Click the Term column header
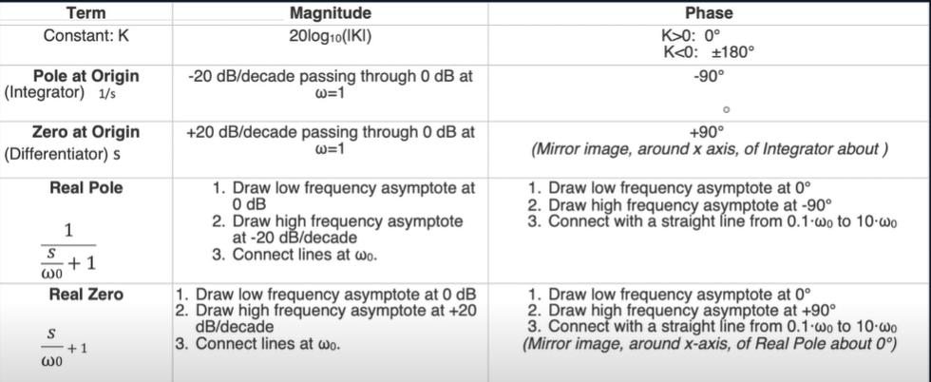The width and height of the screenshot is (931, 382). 86,12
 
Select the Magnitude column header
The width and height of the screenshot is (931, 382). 331,12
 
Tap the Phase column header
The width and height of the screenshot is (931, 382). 709,12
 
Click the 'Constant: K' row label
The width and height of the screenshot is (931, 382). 86,35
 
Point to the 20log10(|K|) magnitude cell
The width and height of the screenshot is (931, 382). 331,36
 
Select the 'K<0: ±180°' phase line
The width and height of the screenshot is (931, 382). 709,51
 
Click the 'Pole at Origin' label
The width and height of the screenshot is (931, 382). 86,76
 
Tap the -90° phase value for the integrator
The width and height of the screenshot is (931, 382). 709,77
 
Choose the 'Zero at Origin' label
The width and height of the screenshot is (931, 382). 86,131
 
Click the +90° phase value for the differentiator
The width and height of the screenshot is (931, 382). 709,131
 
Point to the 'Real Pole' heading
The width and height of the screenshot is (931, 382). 86,188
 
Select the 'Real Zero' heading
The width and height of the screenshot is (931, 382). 86,294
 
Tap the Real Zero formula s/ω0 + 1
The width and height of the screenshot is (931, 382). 65,347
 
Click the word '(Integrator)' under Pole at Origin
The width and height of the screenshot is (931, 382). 45,93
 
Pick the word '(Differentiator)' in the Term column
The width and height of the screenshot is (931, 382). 57,154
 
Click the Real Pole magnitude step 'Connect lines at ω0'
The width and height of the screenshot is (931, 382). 295,255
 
